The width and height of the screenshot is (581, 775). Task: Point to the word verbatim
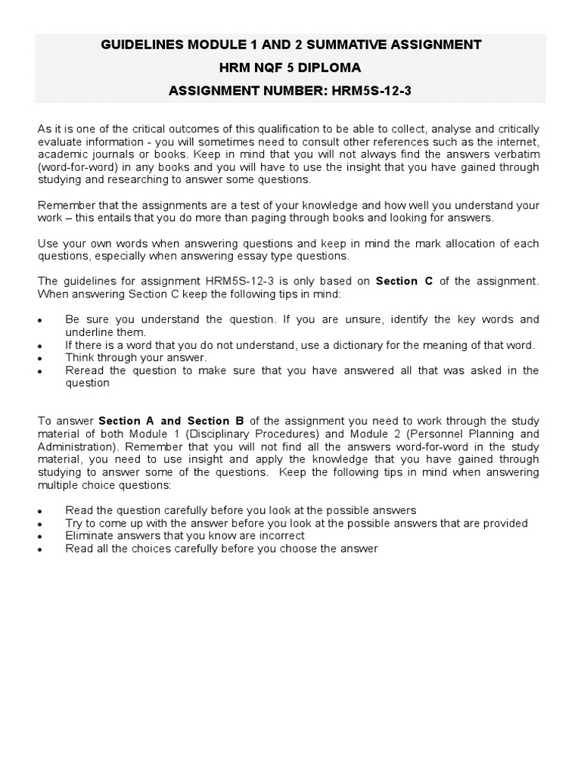click(516, 154)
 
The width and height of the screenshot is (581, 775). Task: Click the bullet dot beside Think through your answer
click(40, 358)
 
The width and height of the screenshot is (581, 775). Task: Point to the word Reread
click(84, 370)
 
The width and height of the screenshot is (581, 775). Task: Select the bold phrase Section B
click(214, 421)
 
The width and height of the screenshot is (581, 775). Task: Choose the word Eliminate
click(91, 536)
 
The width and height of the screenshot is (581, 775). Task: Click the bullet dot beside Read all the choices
click(40, 549)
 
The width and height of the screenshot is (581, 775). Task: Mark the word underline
click(89, 332)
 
